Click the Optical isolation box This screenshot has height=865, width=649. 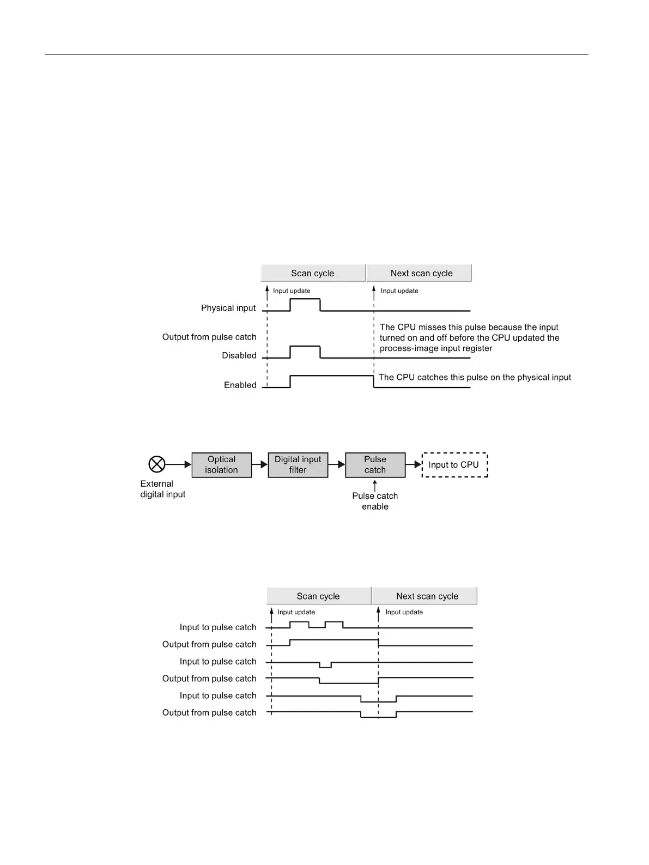click(x=221, y=465)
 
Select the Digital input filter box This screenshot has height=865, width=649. click(x=298, y=465)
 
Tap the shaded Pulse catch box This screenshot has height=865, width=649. click(x=375, y=465)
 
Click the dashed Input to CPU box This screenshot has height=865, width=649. click(x=454, y=465)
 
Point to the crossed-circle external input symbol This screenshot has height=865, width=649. click(x=157, y=464)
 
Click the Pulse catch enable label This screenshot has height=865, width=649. click(x=375, y=501)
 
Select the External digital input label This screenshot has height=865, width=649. click(x=162, y=489)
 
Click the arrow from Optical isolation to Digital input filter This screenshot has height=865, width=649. click(x=260, y=465)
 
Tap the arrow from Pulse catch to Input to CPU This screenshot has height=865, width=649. click(x=414, y=465)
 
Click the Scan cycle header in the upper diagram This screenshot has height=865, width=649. click(x=313, y=273)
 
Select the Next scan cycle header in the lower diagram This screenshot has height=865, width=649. click(x=427, y=596)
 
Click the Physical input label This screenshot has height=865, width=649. click(x=228, y=308)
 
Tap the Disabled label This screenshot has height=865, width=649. click(x=239, y=355)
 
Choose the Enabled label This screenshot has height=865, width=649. click(x=240, y=385)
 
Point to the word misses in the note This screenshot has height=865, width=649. click(x=431, y=327)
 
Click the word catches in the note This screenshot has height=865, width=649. click(x=433, y=377)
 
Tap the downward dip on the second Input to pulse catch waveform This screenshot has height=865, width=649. click(x=325, y=665)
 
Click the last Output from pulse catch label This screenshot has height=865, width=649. click(x=209, y=712)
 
